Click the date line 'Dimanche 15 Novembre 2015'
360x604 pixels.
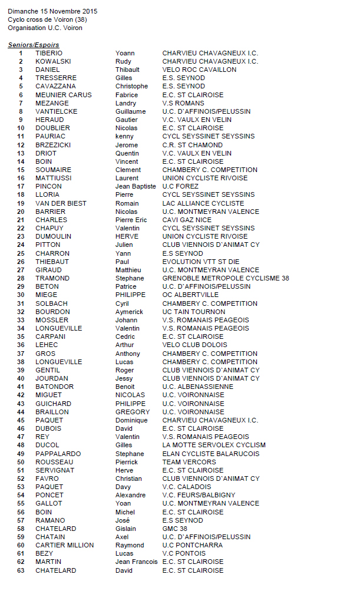(x=52, y=11)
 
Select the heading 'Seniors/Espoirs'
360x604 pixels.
(x=33, y=45)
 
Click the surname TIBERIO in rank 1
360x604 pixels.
(x=48, y=53)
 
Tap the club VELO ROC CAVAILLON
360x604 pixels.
(x=199, y=70)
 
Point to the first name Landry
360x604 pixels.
(x=125, y=103)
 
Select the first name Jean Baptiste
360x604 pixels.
(x=136, y=186)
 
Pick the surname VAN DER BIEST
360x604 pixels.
(x=61, y=203)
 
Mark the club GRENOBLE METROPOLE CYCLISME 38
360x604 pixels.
(x=226, y=278)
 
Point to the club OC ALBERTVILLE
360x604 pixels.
(x=190, y=295)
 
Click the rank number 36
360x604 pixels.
(x=21, y=345)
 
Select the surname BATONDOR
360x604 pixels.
(x=54, y=387)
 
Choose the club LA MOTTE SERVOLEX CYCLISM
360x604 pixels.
(x=214, y=445)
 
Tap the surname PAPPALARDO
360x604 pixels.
(x=58, y=454)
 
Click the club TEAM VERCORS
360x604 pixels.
(x=189, y=462)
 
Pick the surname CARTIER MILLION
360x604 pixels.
(x=64, y=545)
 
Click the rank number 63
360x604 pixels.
(x=21, y=570)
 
